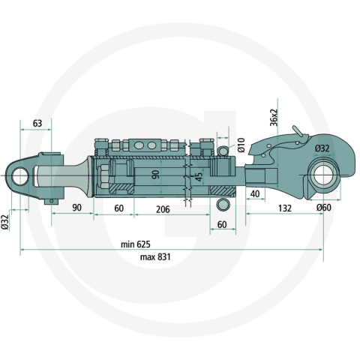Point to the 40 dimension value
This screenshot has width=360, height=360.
[x=254, y=193]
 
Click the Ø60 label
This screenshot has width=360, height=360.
[x=323, y=208]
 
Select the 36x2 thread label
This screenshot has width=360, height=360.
[x=274, y=118]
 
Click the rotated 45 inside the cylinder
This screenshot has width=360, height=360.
[x=198, y=177]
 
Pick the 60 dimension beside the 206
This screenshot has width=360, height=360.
[x=118, y=208]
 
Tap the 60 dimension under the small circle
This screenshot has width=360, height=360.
[x=223, y=224]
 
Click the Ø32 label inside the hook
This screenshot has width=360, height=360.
[x=322, y=148]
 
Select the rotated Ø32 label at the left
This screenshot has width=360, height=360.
[x=7, y=222]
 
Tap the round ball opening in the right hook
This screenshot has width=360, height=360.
[x=323, y=178]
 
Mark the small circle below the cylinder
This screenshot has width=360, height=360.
[x=222, y=204]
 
